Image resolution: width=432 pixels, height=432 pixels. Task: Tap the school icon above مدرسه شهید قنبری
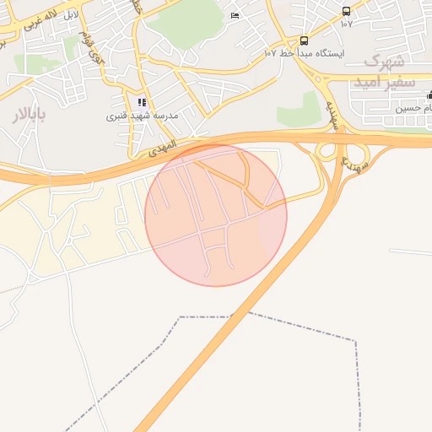coord(142,102)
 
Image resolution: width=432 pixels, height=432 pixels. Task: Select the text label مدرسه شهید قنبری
coord(141,116)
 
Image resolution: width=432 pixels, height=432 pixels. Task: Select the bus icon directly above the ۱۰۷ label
coord(346,11)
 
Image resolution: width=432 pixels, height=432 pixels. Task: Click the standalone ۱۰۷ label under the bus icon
coord(346,24)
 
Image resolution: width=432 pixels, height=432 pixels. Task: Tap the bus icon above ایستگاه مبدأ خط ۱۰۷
coord(304,40)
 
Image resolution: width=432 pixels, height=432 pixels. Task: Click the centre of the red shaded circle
coord(216,215)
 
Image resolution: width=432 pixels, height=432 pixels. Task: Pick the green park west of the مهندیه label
coord(300,111)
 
